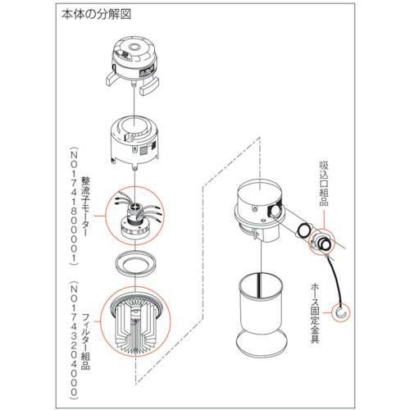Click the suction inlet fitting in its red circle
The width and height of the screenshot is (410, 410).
(x=321, y=241)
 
